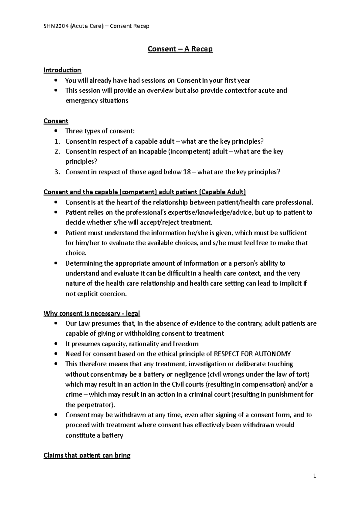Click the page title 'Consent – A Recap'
point(180,49)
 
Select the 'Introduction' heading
point(62,70)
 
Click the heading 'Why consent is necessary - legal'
point(92,314)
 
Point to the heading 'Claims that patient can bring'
point(87,456)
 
